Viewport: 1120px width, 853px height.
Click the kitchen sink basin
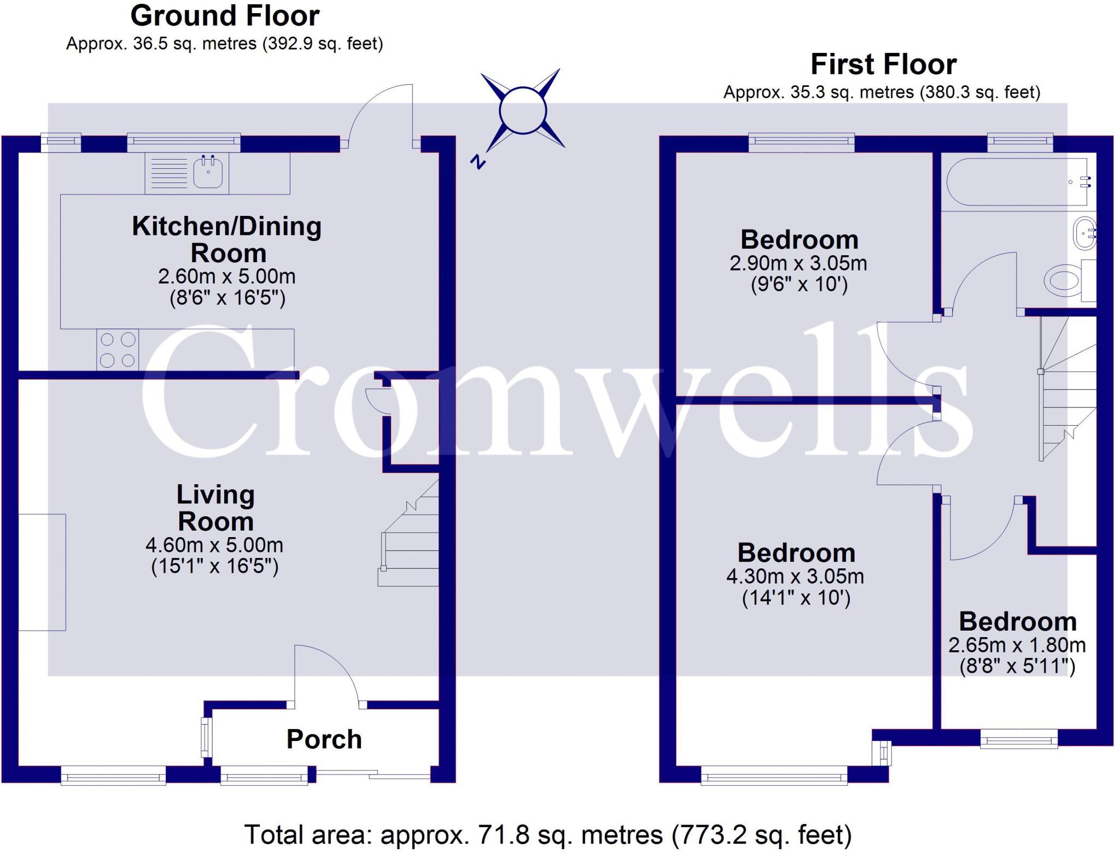[x=208, y=173]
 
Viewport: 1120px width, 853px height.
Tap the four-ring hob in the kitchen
[x=118, y=350]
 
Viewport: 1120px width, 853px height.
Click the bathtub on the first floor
[x=1017, y=182]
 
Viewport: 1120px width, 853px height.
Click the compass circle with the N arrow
[x=522, y=111]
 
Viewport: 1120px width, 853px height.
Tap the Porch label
[x=324, y=739]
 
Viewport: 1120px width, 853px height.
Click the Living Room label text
[x=215, y=508]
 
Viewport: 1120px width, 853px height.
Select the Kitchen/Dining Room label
[x=226, y=239]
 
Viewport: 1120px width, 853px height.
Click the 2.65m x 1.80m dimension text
[x=1017, y=645]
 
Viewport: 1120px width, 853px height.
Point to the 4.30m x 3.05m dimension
[x=795, y=576]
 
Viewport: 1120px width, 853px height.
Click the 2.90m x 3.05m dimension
[x=798, y=263]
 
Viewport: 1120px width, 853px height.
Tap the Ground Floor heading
[x=225, y=16]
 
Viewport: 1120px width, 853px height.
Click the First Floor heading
[x=883, y=64]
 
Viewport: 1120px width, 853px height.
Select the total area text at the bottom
[x=547, y=835]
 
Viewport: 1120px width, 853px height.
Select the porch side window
[x=206, y=737]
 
